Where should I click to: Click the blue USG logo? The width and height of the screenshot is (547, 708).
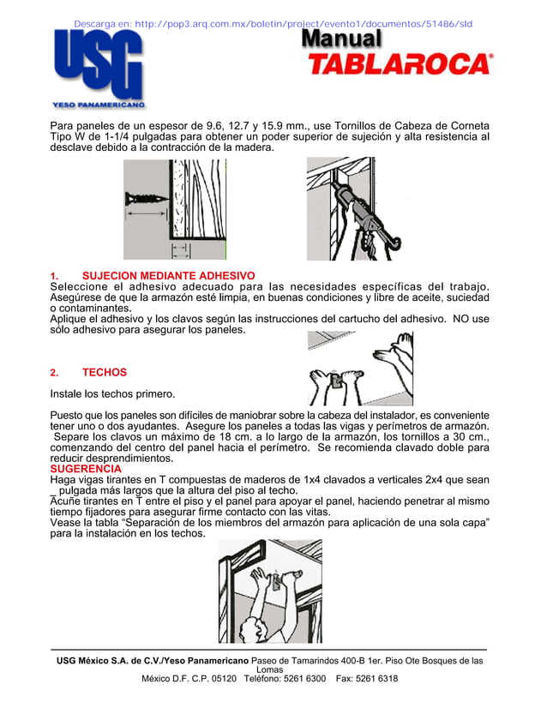98,63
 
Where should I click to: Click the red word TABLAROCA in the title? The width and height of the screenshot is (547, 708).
400,64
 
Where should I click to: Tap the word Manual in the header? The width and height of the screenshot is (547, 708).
341,39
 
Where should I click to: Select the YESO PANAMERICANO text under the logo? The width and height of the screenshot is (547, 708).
99,105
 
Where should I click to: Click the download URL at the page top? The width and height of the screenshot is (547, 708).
273,23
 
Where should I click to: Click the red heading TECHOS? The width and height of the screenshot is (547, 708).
104,372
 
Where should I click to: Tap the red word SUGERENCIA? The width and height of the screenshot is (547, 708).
86,469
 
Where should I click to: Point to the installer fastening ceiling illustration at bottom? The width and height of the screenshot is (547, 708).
270,591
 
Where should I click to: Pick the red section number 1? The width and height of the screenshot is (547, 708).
54,275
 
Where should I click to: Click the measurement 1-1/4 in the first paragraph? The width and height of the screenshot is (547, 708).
107,136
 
